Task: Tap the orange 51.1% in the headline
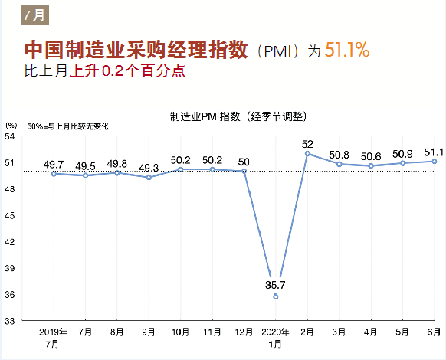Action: point(347,52)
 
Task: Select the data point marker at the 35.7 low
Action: point(276,296)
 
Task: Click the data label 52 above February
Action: point(308,143)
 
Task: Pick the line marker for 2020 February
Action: point(307,153)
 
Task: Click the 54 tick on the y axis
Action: point(11,136)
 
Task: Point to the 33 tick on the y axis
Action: point(11,321)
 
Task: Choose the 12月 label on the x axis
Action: point(244,333)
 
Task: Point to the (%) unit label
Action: point(11,125)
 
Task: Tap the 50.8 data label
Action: point(339,155)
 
